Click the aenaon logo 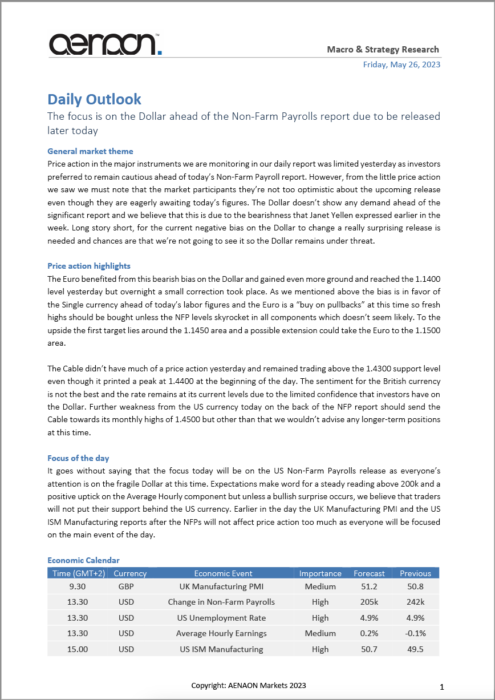click(x=105, y=44)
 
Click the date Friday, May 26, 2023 click(x=401, y=64)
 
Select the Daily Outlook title click(x=94, y=99)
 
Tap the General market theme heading click(x=90, y=151)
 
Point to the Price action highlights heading click(x=89, y=266)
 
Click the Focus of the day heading click(x=78, y=458)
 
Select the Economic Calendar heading click(x=83, y=560)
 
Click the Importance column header click(x=320, y=573)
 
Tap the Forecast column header click(x=369, y=573)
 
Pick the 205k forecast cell click(x=369, y=602)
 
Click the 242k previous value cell click(x=415, y=602)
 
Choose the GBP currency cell click(x=126, y=586)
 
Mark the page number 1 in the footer click(x=442, y=686)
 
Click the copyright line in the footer click(x=248, y=685)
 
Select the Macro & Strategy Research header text click(x=383, y=50)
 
